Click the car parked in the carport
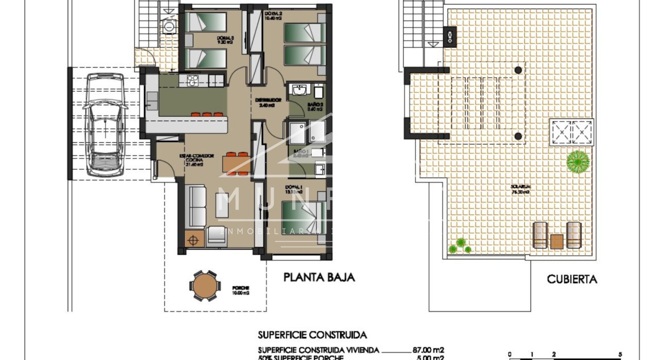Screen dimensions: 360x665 [x=106, y=124]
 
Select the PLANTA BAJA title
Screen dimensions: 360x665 [x=319, y=277]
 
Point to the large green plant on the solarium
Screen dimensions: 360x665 [x=578, y=161]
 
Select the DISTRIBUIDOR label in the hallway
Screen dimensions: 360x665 [x=269, y=100]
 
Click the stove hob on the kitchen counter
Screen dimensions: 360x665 [x=192, y=80]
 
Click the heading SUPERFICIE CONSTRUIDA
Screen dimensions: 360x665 [x=312, y=335]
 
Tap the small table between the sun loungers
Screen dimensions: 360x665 [x=557, y=241]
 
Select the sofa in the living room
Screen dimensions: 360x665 [x=196, y=206]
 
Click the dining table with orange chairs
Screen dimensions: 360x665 [x=237, y=163]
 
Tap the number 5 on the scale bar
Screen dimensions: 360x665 [x=620, y=354]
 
